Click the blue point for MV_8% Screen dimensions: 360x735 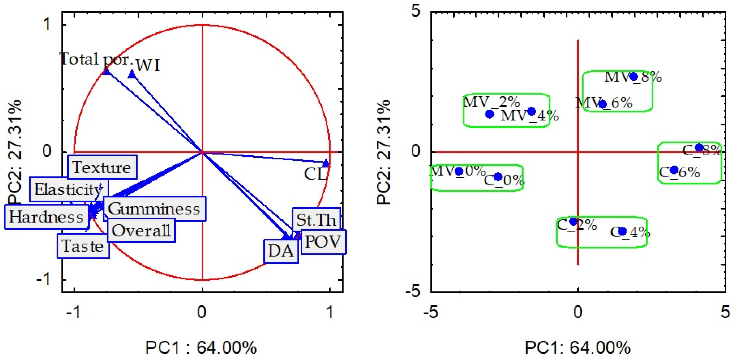[x=634, y=76]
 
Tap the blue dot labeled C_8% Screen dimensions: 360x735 [x=699, y=147]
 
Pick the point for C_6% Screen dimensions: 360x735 [x=674, y=170]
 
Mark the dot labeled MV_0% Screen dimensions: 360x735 [x=459, y=171]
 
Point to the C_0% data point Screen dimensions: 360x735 [x=498, y=177]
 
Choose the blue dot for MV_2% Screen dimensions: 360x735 [x=490, y=114]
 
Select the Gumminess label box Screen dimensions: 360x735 [x=154, y=209]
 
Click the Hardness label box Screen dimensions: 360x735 [x=46, y=217]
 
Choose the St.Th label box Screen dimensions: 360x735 [x=316, y=220]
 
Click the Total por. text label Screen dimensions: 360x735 [x=96, y=59]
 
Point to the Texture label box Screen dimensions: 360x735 [x=102, y=167]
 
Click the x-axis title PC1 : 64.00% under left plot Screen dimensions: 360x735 [x=201, y=348]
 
